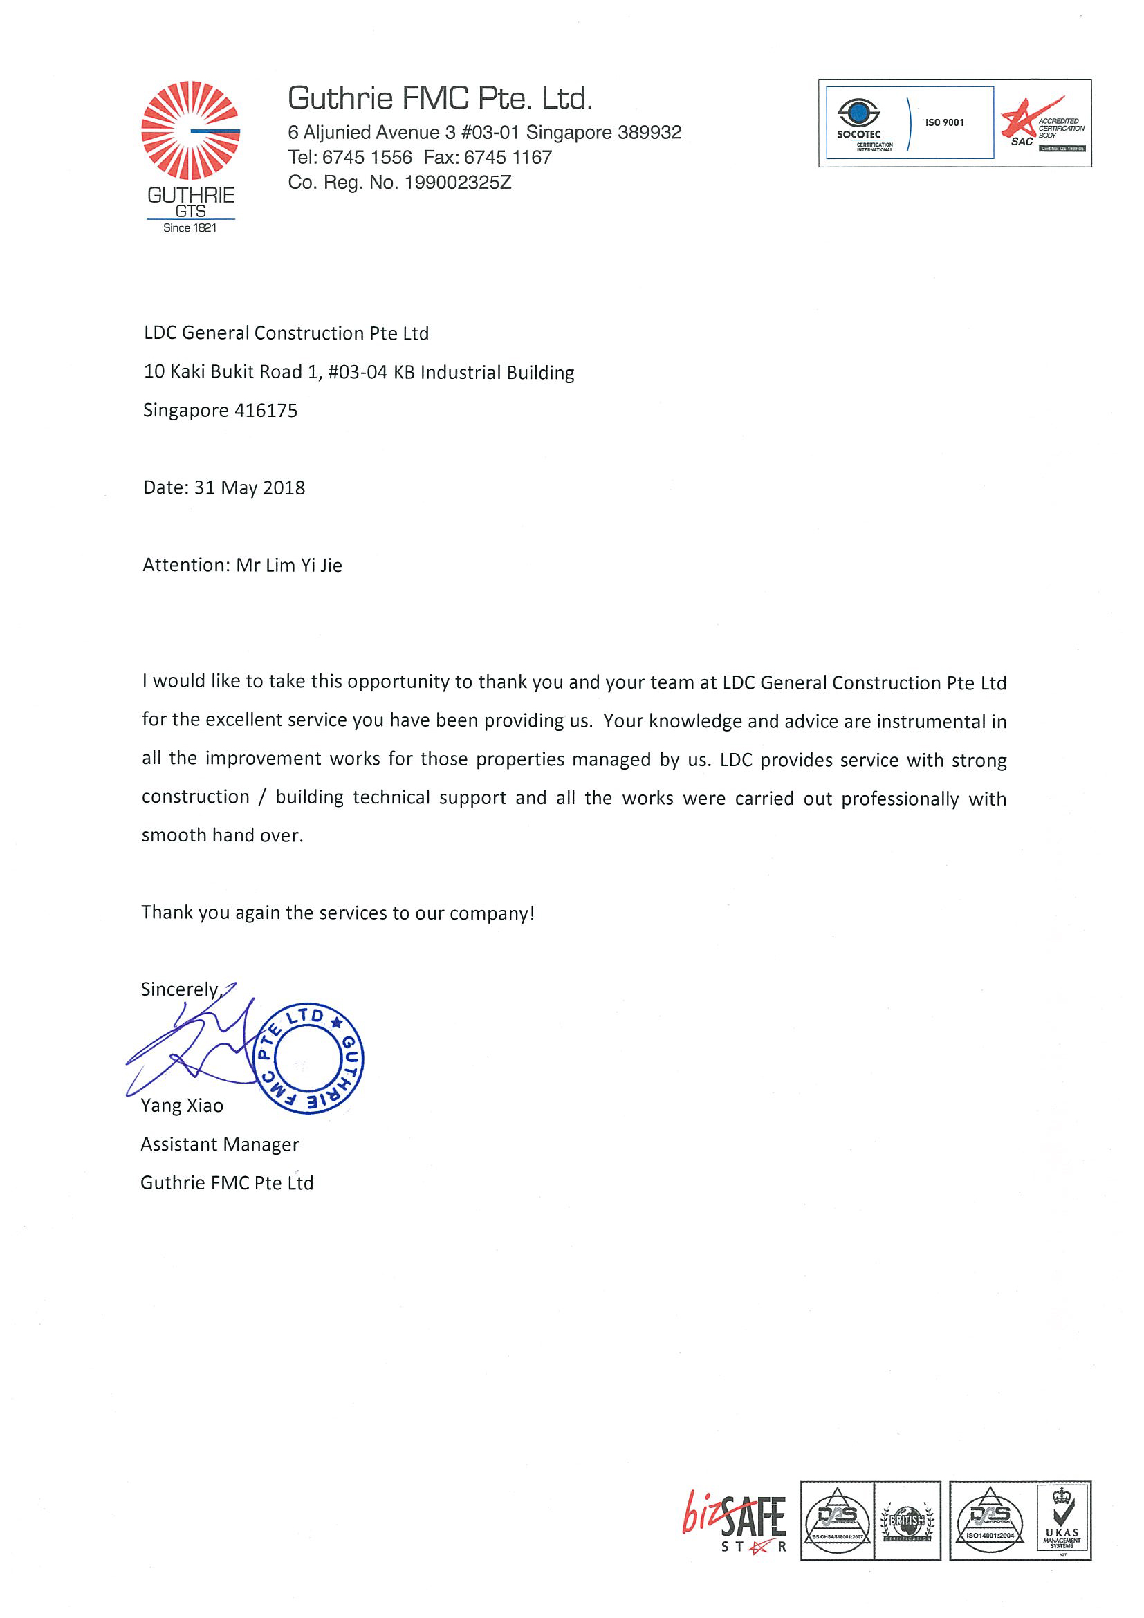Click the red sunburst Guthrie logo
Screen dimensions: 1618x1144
click(x=190, y=131)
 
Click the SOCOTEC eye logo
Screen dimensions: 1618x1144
click(x=858, y=113)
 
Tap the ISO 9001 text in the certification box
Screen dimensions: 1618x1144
click(x=945, y=122)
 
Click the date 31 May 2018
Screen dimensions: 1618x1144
click(x=250, y=487)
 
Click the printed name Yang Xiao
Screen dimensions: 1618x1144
click(x=182, y=1106)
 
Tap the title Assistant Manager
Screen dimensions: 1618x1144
click(x=220, y=1144)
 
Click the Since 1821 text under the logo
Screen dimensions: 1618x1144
click(x=190, y=228)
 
